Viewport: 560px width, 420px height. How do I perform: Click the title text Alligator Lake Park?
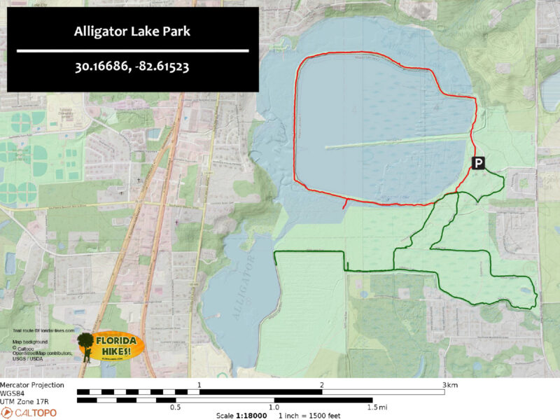tap(133, 31)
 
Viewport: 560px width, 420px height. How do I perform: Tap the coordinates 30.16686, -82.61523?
tap(133, 69)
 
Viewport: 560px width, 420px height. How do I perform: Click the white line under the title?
tap(133, 51)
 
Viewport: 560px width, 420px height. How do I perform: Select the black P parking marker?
tap(478, 163)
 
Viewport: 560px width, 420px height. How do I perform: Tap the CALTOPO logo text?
tap(35, 413)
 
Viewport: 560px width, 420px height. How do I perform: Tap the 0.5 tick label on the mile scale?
tap(176, 407)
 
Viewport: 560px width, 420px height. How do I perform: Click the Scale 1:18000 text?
tap(239, 415)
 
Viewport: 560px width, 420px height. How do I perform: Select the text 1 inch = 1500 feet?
tap(312, 415)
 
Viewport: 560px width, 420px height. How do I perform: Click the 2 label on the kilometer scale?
tap(322, 385)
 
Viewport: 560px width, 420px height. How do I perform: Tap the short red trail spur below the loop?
tap(344, 204)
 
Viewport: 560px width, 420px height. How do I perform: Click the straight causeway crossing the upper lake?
tap(395, 141)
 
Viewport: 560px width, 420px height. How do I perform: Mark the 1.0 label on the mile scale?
tap(274, 407)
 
